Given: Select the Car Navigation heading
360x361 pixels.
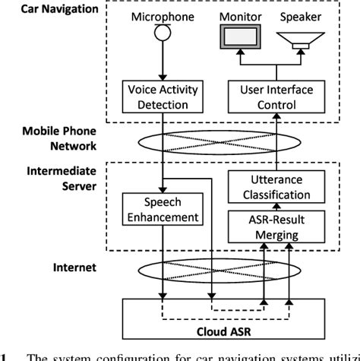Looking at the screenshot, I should (48, 9).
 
